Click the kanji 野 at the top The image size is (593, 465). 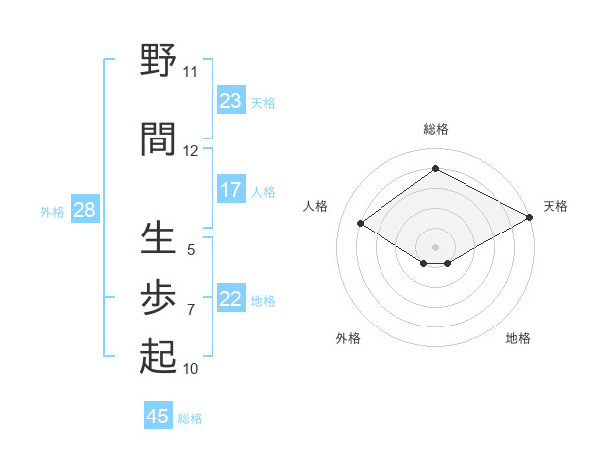tap(158, 61)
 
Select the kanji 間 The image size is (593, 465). tap(158, 139)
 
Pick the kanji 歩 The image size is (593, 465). tap(158, 296)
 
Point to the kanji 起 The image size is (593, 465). tap(158, 356)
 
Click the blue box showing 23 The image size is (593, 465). tap(231, 101)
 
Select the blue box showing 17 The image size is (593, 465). tap(231, 190)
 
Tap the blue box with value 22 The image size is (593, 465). tap(231, 300)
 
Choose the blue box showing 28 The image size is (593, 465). tap(84, 210)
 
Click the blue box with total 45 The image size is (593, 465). tap(158, 417)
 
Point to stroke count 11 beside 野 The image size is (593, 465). tap(190, 72)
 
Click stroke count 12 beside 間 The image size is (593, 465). tap(190, 151)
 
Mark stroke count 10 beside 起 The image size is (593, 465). tap(190, 369)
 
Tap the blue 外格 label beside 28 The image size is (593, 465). tap(52, 211)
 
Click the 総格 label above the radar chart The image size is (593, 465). tap(435, 129)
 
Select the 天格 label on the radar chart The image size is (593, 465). tap(556, 206)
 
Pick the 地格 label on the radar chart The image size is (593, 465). tap(518, 338)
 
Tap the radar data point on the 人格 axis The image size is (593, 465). tap(361, 224)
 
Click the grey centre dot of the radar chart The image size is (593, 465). tap(435, 246)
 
